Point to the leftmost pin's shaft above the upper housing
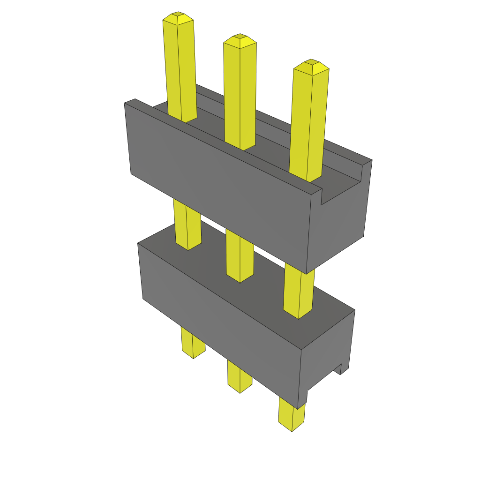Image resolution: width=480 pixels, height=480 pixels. tap(180, 70)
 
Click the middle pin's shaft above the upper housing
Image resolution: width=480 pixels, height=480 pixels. tap(240, 94)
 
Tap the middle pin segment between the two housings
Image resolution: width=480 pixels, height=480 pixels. tap(240, 255)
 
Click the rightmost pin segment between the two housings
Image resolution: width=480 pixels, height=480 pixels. tap(299, 291)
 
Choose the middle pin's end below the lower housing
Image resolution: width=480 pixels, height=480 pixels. tap(240, 377)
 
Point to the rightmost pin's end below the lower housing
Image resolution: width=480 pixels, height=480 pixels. tap(291, 415)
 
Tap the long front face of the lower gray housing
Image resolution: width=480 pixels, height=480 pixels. tap(220, 319)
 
